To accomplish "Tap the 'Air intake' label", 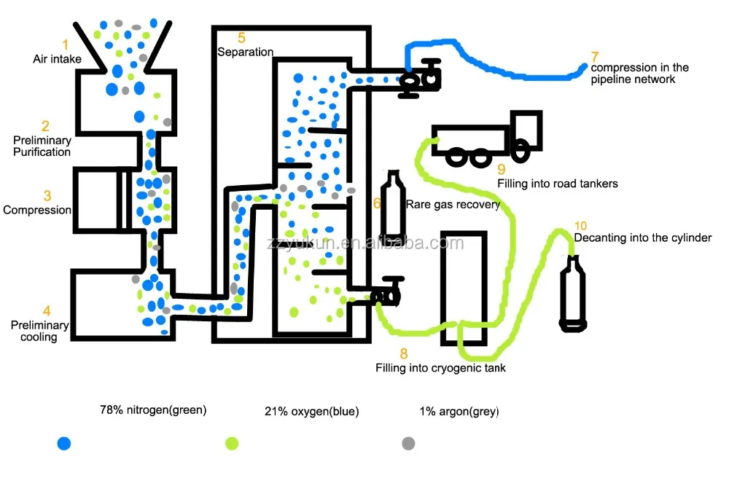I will tap(57, 58).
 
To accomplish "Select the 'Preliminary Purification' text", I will tap(42, 146).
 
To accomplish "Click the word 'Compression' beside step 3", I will tap(37, 210).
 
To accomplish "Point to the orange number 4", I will tap(46, 309).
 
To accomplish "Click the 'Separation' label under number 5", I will tap(245, 52).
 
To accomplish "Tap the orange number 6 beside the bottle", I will tap(377, 203).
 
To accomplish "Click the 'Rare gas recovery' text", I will tap(453, 205).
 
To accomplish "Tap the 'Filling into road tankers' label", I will tap(558, 184).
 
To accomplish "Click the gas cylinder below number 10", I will tap(573, 291).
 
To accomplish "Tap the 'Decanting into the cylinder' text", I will tap(642, 238).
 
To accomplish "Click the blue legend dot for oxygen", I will tap(64, 443).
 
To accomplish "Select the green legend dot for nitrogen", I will tap(232, 443).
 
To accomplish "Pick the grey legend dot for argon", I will tap(408, 443).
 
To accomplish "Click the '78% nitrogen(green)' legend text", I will tap(153, 409).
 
